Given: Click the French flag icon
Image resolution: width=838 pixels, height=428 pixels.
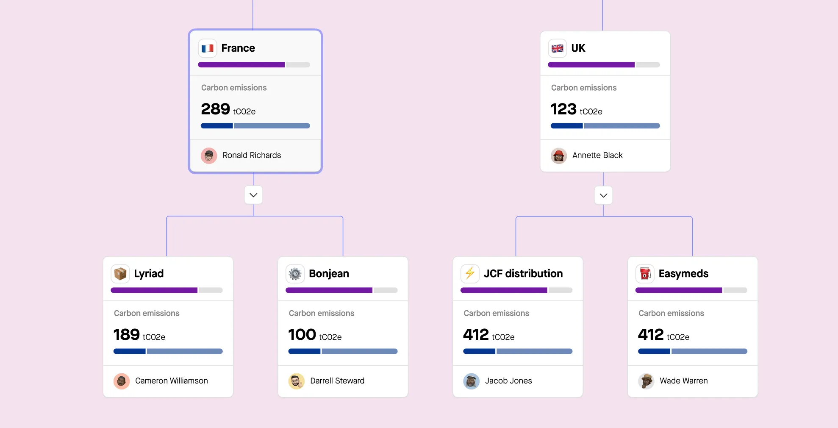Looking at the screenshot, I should pyautogui.click(x=208, y=48).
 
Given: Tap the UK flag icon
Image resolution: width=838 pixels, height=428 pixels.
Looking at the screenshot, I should pyautogui.click(x=558, y=48).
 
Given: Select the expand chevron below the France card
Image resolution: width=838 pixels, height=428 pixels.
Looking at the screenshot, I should pyautogui.click(x=253, y=195).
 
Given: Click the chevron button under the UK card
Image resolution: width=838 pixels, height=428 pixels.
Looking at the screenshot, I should pyautogui.click(x=603, y=195).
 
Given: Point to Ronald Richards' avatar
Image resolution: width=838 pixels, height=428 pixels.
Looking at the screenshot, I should pyautogui.click(x=209, y=156).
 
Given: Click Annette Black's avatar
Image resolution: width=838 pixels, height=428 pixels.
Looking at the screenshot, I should pyautogui.click(x=559, y=156).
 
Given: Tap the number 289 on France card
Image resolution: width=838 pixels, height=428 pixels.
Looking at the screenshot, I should pyautogui.click(x=216, y=109).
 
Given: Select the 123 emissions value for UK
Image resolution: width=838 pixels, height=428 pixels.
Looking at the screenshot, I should pyautogui.click(x=563, y=109).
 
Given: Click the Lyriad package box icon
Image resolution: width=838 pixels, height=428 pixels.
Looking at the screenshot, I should pyautogui.click(x=120, y=274).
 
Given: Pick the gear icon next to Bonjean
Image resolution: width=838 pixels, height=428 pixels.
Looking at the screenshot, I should pyautogui.click(x=295, y=274).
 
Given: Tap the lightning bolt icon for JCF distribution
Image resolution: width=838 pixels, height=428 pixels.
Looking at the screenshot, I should pyautogui.click(x=470, y=274).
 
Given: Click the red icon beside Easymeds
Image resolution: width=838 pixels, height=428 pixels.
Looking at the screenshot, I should pyautogui.click(x=645, y=274).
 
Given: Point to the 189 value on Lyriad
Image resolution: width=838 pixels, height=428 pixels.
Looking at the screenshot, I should pyautogui.click(x=127, y=335).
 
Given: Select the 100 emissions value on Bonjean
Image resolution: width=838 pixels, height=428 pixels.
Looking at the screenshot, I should pyautogui.click(x=302, y=335).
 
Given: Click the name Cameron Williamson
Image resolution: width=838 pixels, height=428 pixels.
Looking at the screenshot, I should pyautogui.click(x=172, y=381).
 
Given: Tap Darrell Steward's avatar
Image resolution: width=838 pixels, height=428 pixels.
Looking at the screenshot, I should pyautogui.click(x=297, y=381).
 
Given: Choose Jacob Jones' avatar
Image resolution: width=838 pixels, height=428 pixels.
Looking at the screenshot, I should pyautogui.click(x=471, y=381).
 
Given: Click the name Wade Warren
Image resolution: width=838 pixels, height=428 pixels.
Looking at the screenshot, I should pyautogui.click(x=683, y=381).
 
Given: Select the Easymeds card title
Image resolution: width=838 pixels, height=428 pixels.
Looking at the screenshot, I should pyautogui.click(x=683, y=274).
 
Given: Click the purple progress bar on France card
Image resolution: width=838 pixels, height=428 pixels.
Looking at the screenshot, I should pyautogui.click(x=241, y=65).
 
